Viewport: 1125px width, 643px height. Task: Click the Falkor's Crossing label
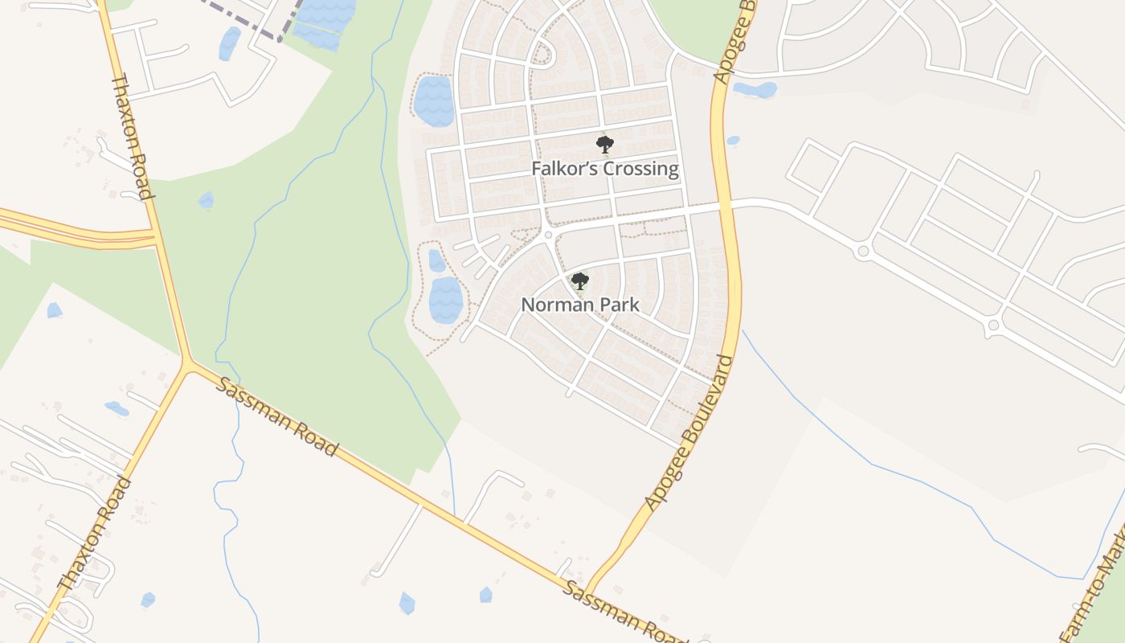[x=604, y=169]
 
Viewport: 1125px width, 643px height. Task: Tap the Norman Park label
[x=580, y=305]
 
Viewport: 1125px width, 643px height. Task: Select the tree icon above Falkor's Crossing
[x=604, y=145]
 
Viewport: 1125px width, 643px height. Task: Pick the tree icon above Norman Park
[x=579, y=281]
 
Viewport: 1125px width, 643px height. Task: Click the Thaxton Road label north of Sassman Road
[x=131, y=137]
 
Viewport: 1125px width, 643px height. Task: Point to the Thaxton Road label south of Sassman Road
[x=94, y=534]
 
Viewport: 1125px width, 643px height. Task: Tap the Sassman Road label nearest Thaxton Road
[x=276, y=416]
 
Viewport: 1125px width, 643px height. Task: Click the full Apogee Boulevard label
[x=690, y=432]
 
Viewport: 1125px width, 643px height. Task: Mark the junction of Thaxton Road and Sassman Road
[x=188, y=366]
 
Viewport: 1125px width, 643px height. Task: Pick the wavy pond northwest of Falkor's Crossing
[x=434, y=100]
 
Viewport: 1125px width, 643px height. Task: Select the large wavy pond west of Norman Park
[x=445, y=299]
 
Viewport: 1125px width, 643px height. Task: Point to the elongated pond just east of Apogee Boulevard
[x=755, y=89]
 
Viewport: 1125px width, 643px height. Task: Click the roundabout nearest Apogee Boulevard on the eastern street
[x=864, y=252]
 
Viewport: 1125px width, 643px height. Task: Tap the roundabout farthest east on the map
[x=993, y=326]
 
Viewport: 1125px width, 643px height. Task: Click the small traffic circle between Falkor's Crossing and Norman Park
[x=548, y=235]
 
